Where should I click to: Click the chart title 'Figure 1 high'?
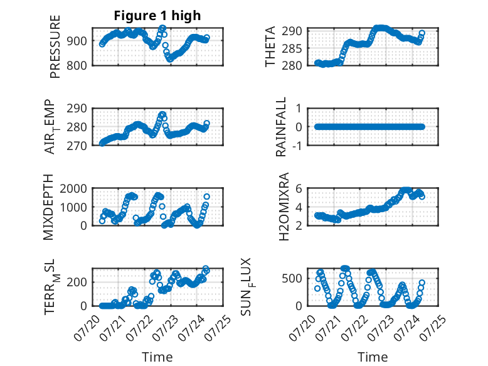point(157,16)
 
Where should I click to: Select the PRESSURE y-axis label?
point(55,46)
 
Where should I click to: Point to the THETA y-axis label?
point(270,46)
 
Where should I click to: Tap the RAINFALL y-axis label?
point(281,127)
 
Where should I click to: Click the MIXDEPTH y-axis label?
point(48,207)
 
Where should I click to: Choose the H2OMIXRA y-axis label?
point(284,207)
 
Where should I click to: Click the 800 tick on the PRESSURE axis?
point(77,66)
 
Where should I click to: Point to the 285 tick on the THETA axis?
point(292,48)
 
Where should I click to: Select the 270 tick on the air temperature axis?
point(77,146)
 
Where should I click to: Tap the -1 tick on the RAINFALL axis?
point(297,146)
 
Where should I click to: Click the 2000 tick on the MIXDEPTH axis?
point(73,188)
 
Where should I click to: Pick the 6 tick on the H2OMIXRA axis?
point(299,188)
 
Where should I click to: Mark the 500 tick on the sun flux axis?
point(292,278)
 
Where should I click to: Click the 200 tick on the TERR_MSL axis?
point(77,282)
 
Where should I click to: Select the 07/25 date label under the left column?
point(219,328)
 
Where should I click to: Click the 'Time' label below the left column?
point(157,357)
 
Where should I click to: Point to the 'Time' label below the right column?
point(373,357)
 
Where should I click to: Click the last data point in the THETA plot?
point(422,33)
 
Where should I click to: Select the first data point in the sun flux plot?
point(317,288)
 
